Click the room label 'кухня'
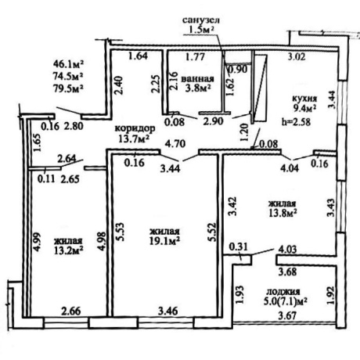click(304, 99)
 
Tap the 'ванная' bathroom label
click(197, 78)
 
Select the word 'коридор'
click(135, 128)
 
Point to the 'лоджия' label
click(283, 291)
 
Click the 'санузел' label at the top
click(201, 20)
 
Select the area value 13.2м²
click(69, 250)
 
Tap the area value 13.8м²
click(283, 213)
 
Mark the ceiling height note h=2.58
click(296, 121)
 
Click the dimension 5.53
click(122, 232)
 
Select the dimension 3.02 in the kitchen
click(297, 57)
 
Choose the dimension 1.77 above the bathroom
click(196, 57)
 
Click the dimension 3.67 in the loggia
click(287, 316)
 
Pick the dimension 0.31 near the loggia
click(238, 247)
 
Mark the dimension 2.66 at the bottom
click(71, 311)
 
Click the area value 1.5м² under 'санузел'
click(200, 31)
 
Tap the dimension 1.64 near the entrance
click(139, 56)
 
